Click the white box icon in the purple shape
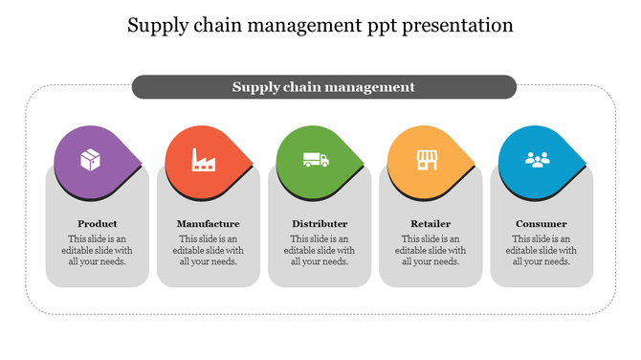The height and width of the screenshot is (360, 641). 90,159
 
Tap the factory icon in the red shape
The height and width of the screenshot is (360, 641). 202,159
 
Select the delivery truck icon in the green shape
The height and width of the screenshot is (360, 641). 315,159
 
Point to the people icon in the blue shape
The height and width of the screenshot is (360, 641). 538,159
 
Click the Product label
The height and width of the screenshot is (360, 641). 98,224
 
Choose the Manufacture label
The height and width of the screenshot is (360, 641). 209,224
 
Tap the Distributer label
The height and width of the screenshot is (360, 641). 320,224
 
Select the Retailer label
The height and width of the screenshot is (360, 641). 431,224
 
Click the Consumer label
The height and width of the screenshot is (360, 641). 542,224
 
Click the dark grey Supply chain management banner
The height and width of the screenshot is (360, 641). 323,87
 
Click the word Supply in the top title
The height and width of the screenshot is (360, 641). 159,25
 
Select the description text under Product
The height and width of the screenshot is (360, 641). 98,250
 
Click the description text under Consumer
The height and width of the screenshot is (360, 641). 542,250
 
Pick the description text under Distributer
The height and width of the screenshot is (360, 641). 320,250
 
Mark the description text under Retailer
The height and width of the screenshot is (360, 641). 431,250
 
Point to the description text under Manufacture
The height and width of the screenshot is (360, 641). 209,250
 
